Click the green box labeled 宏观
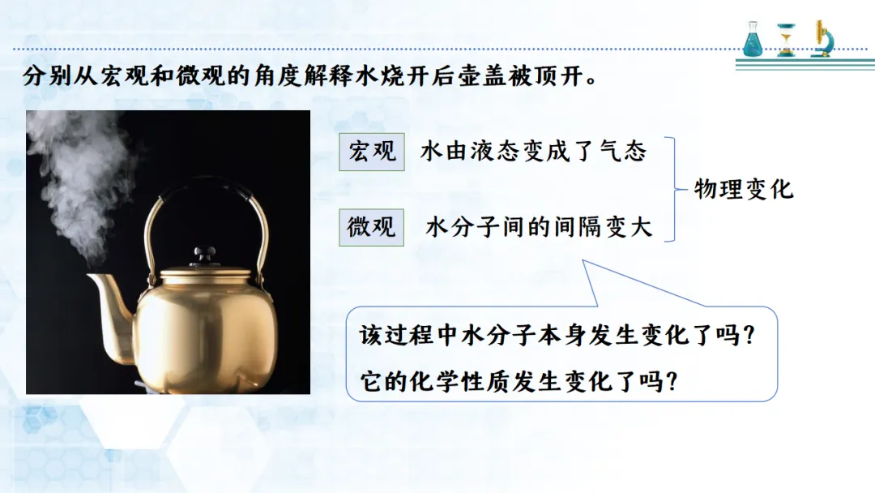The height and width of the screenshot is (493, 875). click(372, 152)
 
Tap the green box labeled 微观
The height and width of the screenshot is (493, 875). click(372, 227)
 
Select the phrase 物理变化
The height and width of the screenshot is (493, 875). click(743, 189)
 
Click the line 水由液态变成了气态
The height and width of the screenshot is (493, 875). click(533, 152)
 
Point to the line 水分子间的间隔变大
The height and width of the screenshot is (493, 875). click(539, 227)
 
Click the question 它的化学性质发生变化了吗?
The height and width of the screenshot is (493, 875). click(519, 382)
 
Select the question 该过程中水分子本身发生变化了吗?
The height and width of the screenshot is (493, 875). click(557, 335)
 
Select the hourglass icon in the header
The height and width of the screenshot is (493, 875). click(786, 40)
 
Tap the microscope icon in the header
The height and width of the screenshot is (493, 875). click(822, 39)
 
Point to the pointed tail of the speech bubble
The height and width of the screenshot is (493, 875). click(583, 261)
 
